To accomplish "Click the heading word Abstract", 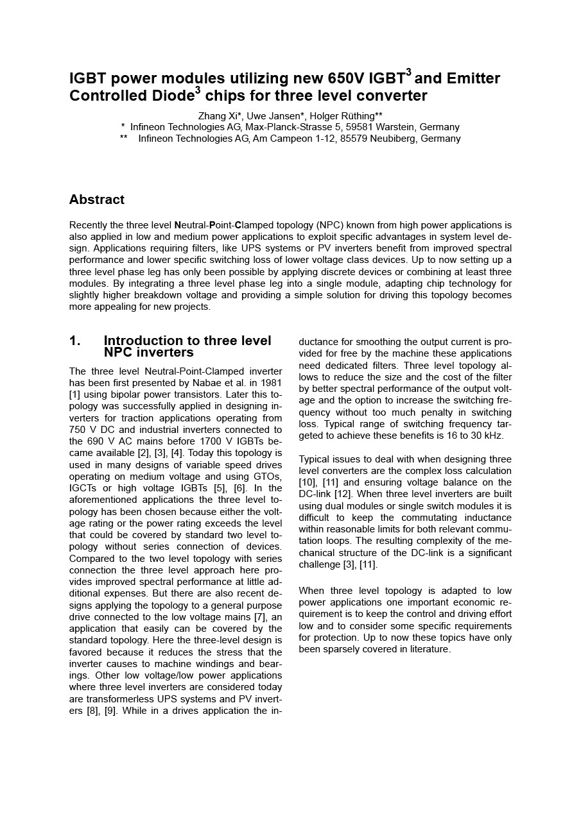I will click(x=96, y=199).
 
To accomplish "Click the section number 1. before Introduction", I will click(x=75, y=341).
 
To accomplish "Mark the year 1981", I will click(x=270, y=383).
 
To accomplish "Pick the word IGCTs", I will click(x=83, y=488).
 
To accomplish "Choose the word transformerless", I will click(x=103, y=699).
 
